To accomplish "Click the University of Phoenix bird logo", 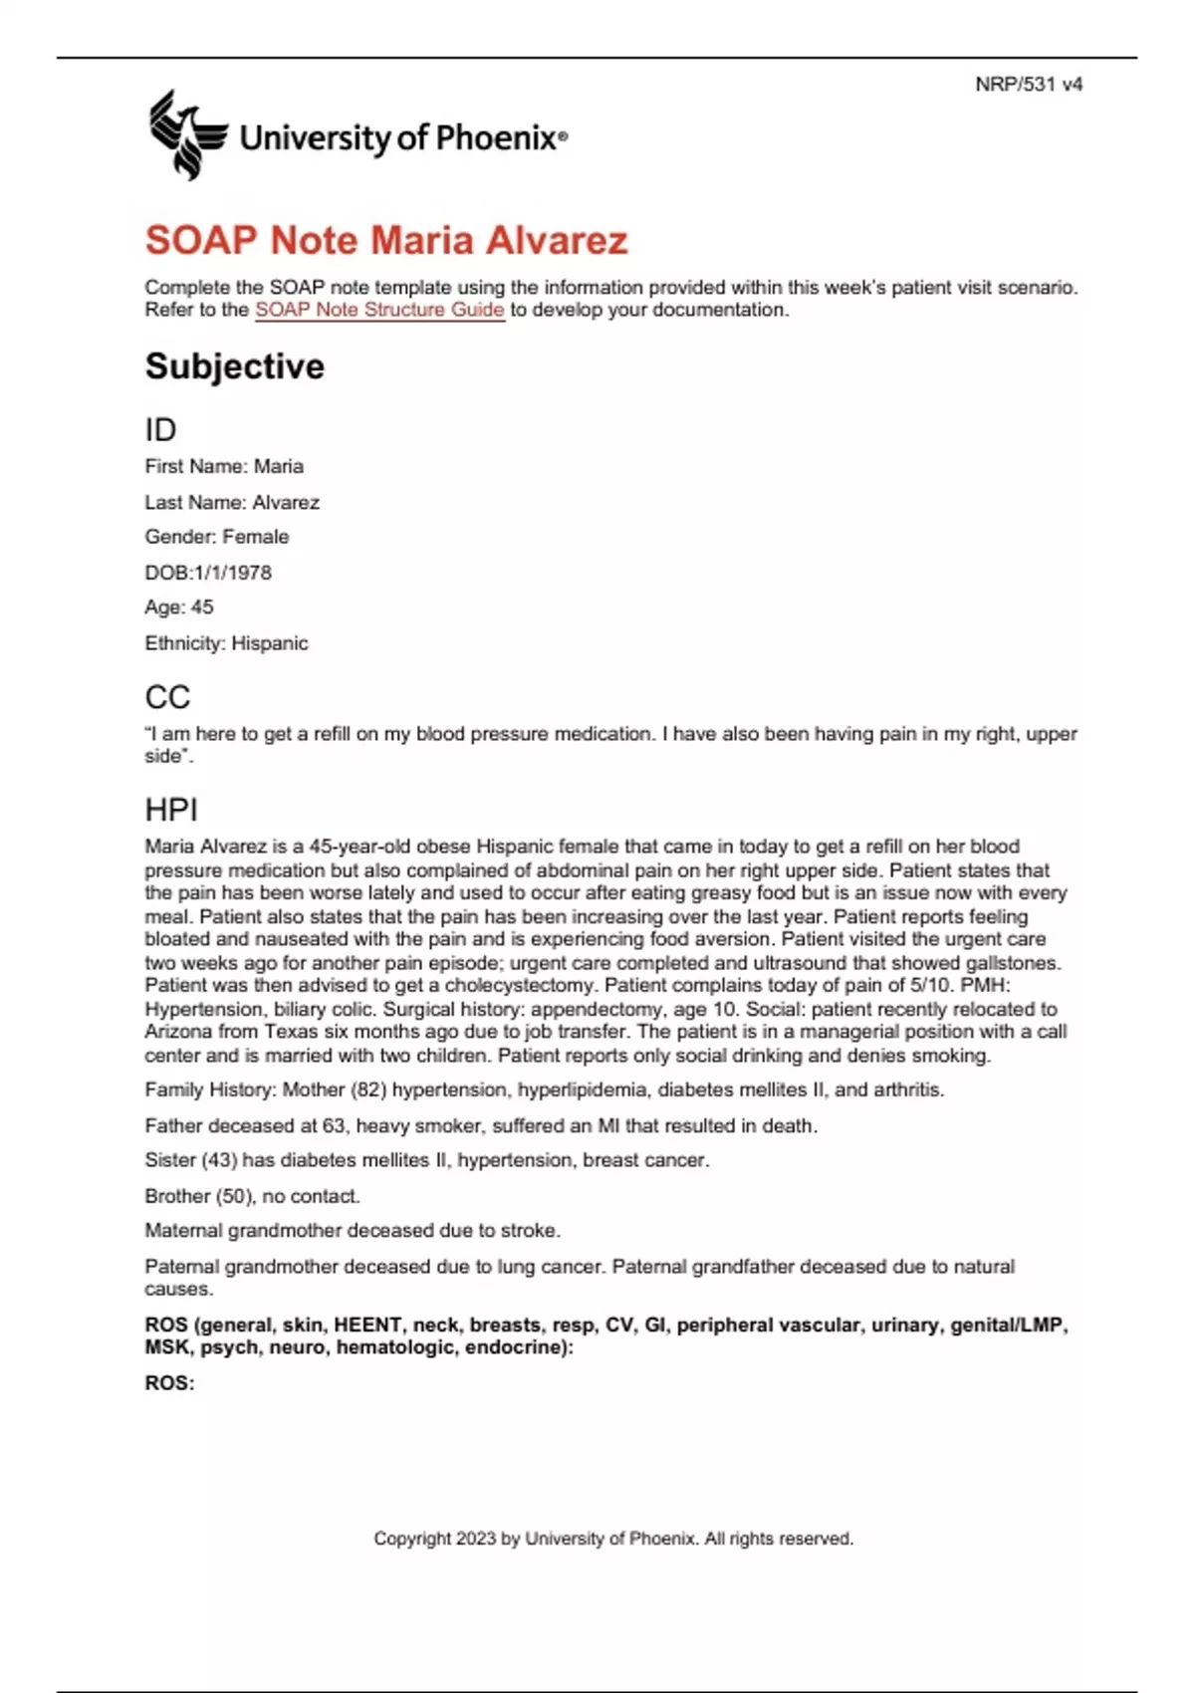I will [185, 134].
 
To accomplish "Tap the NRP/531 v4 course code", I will [1028, 85].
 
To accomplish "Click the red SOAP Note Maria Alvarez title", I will [386, 240].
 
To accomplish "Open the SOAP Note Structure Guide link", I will [379, 310].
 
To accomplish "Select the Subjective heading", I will [235, 366].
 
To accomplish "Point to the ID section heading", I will [160, 429].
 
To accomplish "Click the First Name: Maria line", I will [224, 466].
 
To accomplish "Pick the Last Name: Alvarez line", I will [232, 502].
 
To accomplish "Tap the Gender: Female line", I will [217, 537].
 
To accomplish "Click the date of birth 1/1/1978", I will [231, 573].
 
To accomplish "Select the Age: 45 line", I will [179, 607].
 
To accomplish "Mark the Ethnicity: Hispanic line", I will [226, 643].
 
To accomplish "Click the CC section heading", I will [167, 697].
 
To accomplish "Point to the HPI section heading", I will [171, 810].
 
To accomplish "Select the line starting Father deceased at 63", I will [481, 1125].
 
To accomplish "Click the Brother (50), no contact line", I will [252, 1196].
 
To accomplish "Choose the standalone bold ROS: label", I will [169, 1383].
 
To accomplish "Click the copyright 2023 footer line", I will [613, 1539].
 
